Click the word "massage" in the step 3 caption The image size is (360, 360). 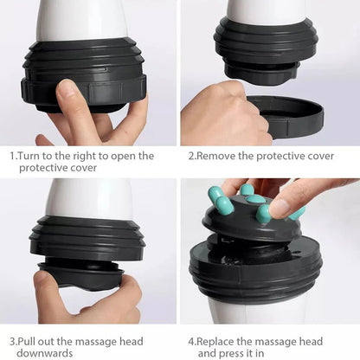97,341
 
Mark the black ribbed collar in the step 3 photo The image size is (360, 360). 87,238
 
